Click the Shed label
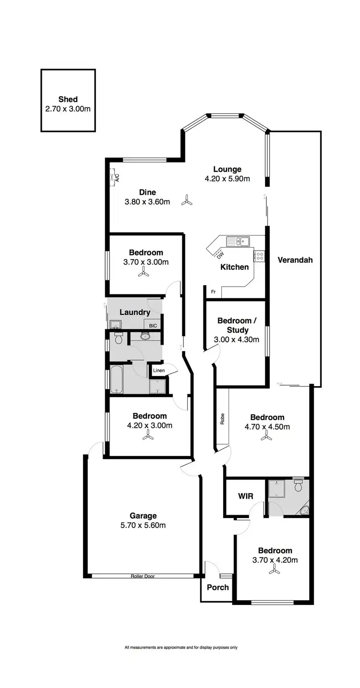point(68,99)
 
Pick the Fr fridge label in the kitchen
point(213,291)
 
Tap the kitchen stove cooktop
point(260,256)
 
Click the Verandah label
point(295,260)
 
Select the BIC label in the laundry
point(153,326)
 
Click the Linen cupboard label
point(159,370)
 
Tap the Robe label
point(223,419)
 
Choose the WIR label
point(245,496)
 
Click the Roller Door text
point(144,576)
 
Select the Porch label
point(217,587)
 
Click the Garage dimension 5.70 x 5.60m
point(143,525)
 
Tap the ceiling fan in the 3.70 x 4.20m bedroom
point(275,570)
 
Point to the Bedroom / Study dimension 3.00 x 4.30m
point(236,339)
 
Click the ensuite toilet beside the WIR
point(298,486)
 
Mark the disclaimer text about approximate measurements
point(180,647)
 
